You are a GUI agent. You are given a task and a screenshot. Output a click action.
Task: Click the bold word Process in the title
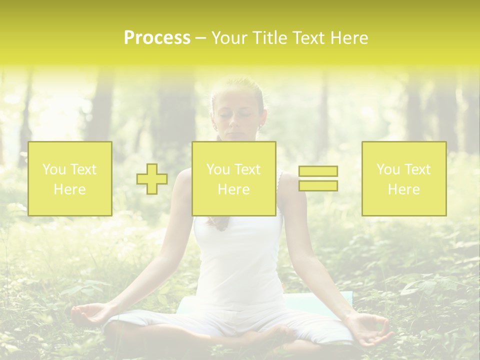point(157,38)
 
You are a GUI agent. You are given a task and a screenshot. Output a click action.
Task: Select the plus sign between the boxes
point(152,179)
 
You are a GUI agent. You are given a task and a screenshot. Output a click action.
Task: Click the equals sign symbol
point(318,178)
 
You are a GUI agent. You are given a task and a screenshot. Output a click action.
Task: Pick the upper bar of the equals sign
point(318,171)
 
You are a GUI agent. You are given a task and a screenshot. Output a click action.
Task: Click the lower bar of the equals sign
point(318,185)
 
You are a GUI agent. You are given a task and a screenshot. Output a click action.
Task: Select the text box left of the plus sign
point(69,178)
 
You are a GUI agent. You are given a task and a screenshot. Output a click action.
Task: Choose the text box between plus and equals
point(233,178)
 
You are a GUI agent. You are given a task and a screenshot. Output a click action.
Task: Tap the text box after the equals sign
point(404,178)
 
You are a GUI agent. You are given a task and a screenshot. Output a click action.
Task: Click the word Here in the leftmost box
point(69,189)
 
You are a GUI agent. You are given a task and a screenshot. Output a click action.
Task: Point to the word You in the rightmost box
point(388,169)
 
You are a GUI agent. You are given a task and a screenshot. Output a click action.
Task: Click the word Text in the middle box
point(247,169)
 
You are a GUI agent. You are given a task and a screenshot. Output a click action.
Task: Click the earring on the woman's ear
point(260,128)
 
